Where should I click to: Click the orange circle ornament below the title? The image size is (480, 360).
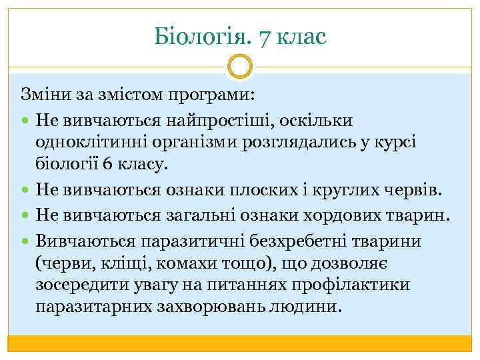[x=240, y=67]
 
